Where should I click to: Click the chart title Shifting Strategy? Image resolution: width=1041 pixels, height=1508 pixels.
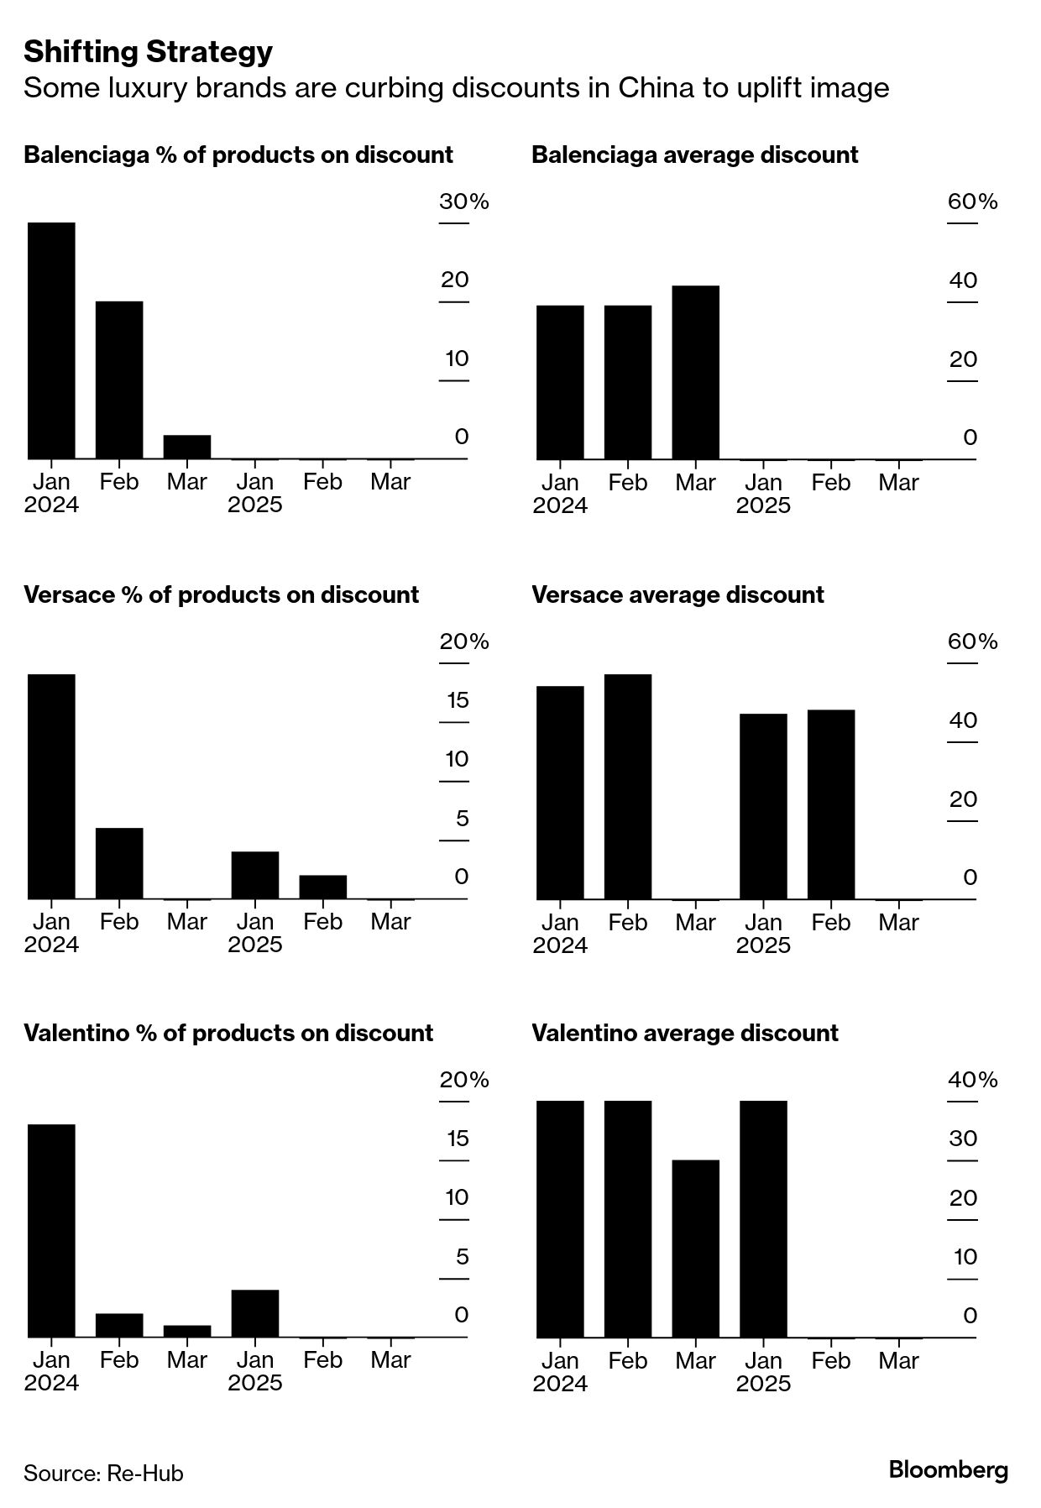tap(148, 52)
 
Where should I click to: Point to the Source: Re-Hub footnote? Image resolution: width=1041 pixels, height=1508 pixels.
tap(103, 1473)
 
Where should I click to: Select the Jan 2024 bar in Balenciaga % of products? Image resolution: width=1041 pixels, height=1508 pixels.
tap(51, 341)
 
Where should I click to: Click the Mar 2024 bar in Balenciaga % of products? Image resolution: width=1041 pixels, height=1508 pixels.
tap(187, 447)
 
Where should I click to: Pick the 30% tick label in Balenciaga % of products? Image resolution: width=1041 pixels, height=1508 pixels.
tap(463, 202)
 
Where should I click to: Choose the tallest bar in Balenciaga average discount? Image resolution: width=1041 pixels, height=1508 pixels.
tap(695, 373)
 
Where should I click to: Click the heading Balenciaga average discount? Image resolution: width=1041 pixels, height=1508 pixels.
tap(694, 154)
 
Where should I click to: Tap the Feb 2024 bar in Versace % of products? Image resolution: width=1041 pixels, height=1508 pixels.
tap(119, 863)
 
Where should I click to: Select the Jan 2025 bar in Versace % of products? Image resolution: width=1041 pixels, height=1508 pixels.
tap(255, 875)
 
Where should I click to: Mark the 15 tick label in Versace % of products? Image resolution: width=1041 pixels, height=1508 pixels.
tap(458, 700)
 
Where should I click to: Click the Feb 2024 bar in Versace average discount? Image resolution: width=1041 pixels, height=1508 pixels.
tap(627, 787)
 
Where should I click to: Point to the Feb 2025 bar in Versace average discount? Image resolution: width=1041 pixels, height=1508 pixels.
tap(831, 804)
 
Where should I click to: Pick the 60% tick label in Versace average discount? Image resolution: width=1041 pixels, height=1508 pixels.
tap(972, 641)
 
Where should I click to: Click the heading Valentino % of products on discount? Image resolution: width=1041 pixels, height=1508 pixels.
tap(228, 1033)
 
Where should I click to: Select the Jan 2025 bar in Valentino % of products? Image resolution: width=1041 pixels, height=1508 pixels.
tap(255, 1313)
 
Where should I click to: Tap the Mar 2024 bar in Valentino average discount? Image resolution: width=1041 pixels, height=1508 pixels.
tap(695, 1249)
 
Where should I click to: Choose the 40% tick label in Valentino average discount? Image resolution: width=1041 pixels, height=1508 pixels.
tap(972, 1080)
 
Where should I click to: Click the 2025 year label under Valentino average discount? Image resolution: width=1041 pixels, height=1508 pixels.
tap(763, 1383)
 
